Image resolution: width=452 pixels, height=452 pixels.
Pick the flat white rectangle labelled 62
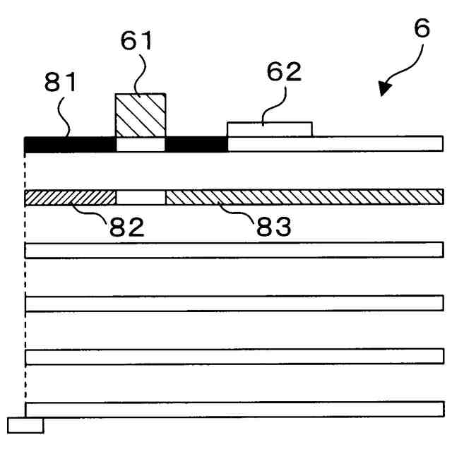click(x=269, y=129)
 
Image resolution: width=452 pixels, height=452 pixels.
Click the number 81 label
click(x=61, y=83)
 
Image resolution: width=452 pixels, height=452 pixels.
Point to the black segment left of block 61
click(x=70, y=144)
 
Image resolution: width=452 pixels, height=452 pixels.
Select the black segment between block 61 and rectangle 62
click(x=196, y=144)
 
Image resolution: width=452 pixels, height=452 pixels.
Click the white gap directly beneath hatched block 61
click(x=141, y=144)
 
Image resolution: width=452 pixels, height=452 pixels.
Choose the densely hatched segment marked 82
click(x=70, y=197)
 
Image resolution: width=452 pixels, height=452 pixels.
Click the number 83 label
click(x=273, y=227)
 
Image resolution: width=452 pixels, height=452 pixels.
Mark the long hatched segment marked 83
click(x=304, y=197)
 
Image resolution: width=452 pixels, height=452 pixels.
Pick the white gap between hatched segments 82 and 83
click(x=141, y=197)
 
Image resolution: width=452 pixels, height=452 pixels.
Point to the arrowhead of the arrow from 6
click(x=384, y=88)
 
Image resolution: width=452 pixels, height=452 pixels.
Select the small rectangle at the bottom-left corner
click(x=25, y=424)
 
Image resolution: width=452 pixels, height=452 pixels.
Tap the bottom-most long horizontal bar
click(x=234, y=410)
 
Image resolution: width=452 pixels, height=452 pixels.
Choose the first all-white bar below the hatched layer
click(x=234, y=250)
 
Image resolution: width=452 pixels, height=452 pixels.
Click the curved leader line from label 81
click(x=65, y=120)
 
